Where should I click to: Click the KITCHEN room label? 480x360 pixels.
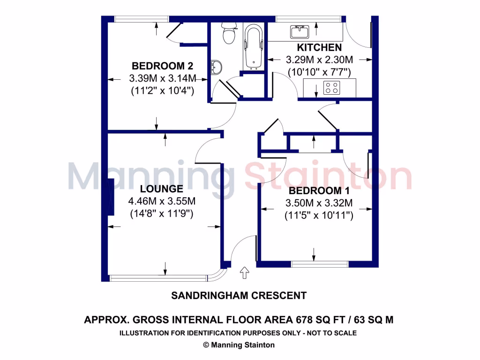[x=319, y=48]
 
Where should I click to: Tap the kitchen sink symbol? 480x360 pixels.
[x=299, y=32]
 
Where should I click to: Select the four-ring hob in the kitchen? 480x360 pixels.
[x=332, y=88]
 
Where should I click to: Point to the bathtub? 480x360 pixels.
[x=253, y=47]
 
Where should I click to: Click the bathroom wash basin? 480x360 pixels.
[x=216, y=67]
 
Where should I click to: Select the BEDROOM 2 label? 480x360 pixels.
[x=162, y=66]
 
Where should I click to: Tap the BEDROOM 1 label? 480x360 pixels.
[x=319, y=191]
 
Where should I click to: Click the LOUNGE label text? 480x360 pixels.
[x=162, y=189]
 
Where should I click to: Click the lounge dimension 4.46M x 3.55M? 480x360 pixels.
[x=162, y=202]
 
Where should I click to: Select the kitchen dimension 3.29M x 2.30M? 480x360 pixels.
[x=319, y=60]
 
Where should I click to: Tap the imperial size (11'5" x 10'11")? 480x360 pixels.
[x=319, y=216]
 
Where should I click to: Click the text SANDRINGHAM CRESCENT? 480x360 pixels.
[x=239, y=296]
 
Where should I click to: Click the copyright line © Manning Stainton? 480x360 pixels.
[x=239, y=345]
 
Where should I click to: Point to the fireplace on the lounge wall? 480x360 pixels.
[x=111, y=197]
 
